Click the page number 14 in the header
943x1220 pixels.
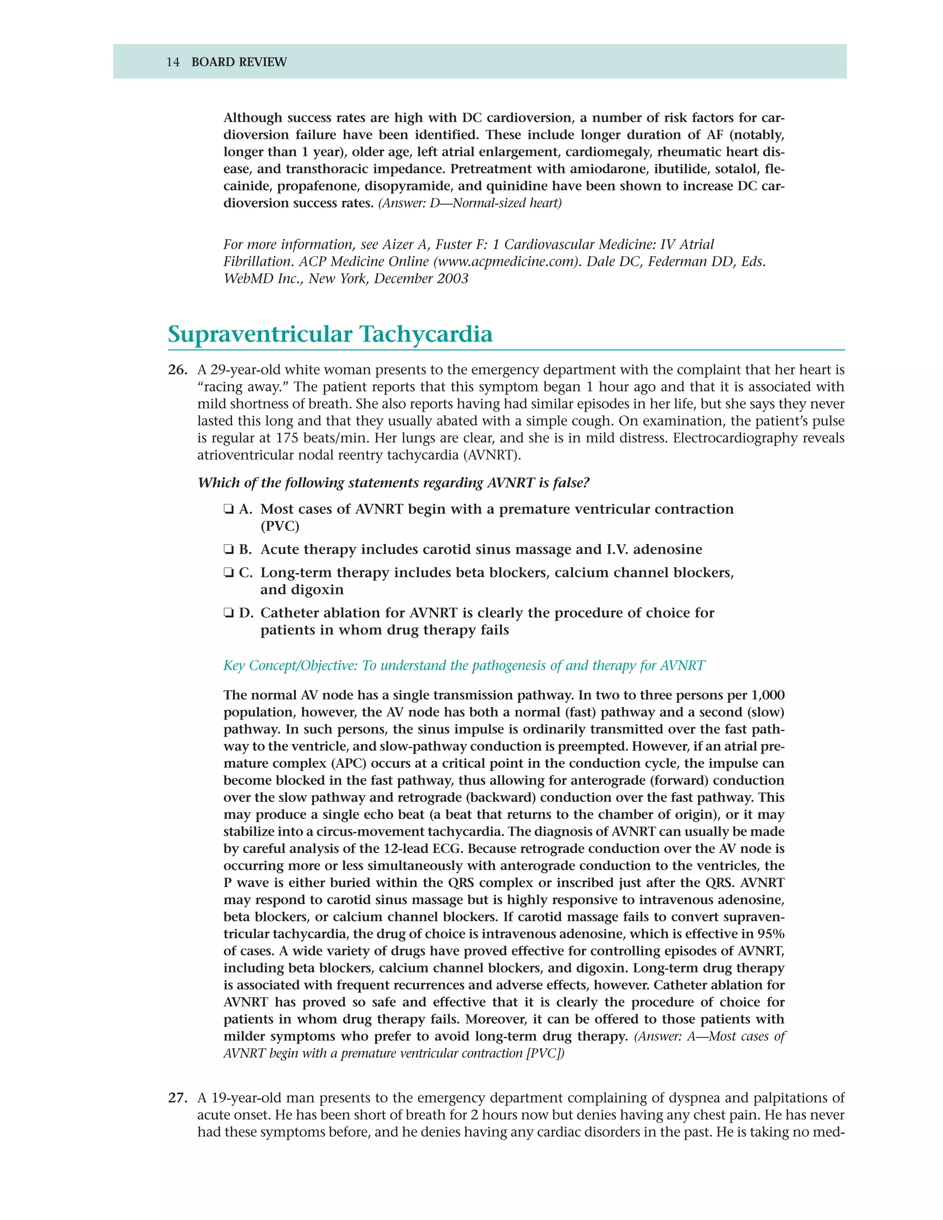pos(173,62)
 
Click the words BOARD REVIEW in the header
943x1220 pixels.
pos(239,62)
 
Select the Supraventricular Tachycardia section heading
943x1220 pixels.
pos(330,334)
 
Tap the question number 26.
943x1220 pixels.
pos(177,370)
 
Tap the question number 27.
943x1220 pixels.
pos(177,1098)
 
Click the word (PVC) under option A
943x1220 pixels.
pos(280,526)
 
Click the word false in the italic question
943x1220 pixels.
pos(569,482)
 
